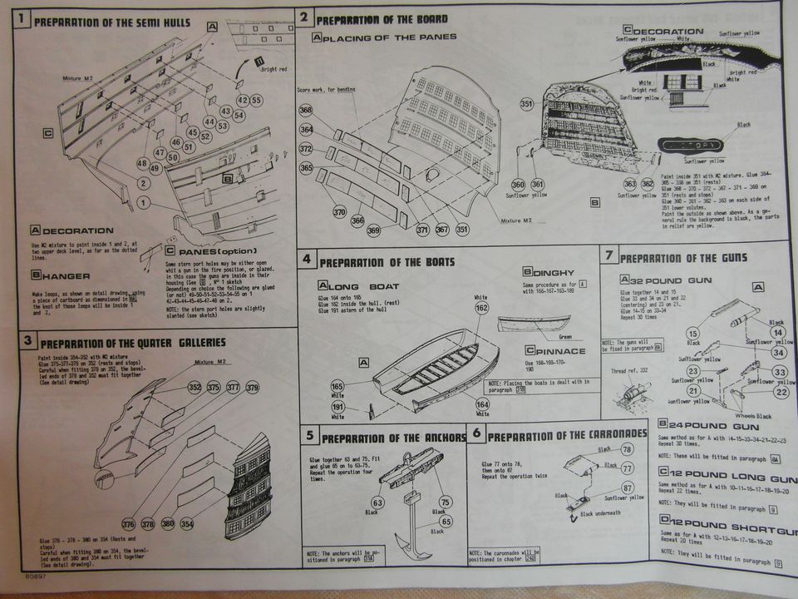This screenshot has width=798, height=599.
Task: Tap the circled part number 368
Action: tap(306, 110)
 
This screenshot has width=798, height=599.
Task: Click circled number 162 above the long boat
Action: tap(481, 309)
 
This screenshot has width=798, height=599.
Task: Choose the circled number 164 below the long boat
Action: tap(483, 405)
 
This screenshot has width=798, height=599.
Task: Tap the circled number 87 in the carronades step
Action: tap(627, 488)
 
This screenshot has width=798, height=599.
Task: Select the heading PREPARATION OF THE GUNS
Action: tap(683, 258)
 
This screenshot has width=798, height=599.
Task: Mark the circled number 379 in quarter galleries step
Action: tap(253, 387)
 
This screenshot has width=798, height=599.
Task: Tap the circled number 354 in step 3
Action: tap(187, 524)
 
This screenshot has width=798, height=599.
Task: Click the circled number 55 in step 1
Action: tap(256, 100)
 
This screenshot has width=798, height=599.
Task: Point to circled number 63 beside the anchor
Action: tap(377, 502)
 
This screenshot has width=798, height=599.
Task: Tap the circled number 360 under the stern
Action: tap(519, 185)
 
